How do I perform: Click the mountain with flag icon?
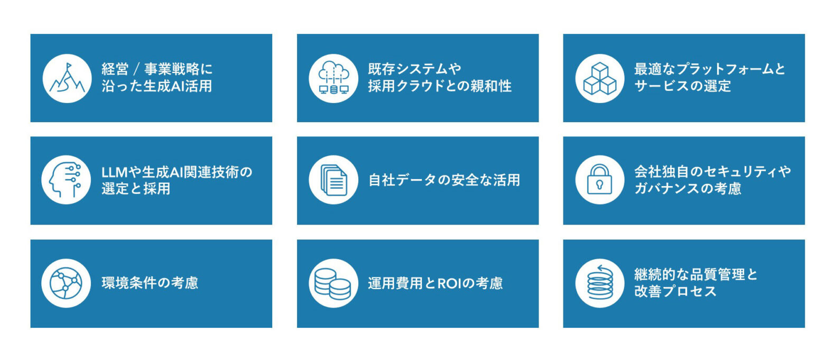click(x=67, y=78)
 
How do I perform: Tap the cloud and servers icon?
click(x=333, y=78)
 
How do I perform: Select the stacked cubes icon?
click(x=600, y=78)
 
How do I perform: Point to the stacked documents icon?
click(x=333, y=180)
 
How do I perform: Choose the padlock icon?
click(x=599, y=179)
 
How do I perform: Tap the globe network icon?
click(x=66, y=283)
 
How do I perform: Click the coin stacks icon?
click(x=333, y=283)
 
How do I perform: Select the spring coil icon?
click(x=600, y=283)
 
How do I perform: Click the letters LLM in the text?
click(x=115, y=172)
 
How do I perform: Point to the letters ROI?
click(x=449, y=283)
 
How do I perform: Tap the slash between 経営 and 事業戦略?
click(x=136, y=69)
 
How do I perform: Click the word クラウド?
click(x=424, y=86)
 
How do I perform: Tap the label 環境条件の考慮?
click(x=150, y=283)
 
